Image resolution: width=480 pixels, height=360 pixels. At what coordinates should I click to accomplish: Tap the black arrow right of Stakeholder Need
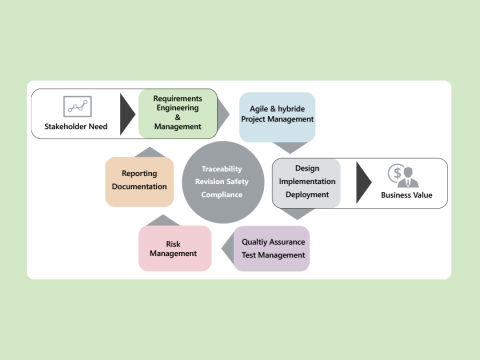[127, 113]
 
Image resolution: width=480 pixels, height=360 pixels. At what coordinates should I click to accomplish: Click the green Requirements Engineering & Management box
[178, 113]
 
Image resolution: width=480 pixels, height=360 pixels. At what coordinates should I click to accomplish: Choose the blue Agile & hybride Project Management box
[277, 114]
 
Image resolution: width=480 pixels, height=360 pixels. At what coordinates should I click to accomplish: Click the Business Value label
[407, 196]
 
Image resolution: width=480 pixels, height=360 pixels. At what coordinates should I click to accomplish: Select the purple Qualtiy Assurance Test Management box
[273, 248]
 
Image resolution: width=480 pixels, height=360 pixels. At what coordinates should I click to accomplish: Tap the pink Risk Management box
[174, 248]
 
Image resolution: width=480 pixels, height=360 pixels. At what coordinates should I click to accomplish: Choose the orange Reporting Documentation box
[139, 181]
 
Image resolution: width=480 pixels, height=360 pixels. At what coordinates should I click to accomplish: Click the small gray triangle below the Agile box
[288, 147]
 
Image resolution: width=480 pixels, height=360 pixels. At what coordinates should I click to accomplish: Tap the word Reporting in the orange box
[139, 174]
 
